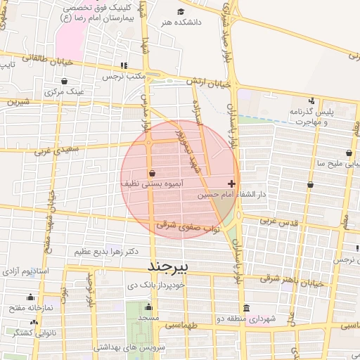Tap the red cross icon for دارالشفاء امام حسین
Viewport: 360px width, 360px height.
pyautogui.click(x=232, y=183)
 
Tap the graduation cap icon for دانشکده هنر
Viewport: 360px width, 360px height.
pyautogui.click(x=181, y=12)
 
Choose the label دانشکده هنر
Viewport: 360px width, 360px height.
pyautogui.click(x=181, y=22)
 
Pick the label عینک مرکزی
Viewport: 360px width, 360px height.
pyautogui.click(x=65, y=91)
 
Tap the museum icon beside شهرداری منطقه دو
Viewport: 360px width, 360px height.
pyautogui.click(x=246, y=309)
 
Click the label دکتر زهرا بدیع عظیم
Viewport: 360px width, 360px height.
pyautogui.click(x=106, y=251)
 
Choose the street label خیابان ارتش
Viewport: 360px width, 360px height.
pyautogui.click(x=208, y=83)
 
